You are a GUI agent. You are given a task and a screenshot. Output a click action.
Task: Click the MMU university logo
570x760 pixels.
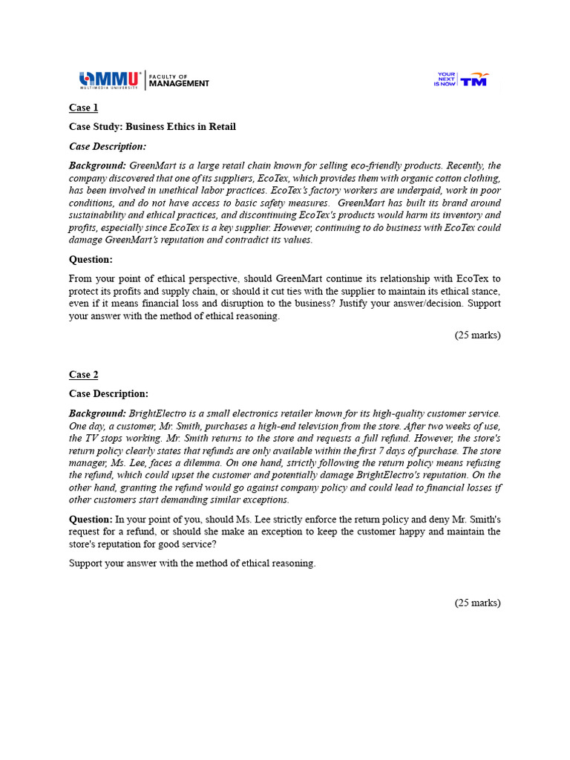pyautogui.click(x=110, y=79)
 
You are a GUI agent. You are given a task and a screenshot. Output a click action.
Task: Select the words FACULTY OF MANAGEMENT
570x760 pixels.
pyautogui.click(x=179, y=79)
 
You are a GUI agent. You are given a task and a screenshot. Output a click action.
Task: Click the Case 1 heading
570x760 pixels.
pyautogui.click(x=84, y=108)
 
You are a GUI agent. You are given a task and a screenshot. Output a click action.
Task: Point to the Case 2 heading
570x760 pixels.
pyautogui.click(x=84, y=375)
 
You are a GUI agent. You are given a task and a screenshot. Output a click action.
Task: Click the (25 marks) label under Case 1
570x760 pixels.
pyautogui.click(x=477, y=335)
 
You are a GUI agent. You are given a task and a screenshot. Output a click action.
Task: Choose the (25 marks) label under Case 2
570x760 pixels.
pyautogui.click(x=477, y=603)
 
